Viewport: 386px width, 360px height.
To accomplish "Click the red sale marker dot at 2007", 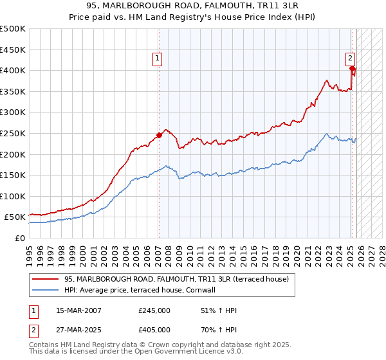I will click(159, 136).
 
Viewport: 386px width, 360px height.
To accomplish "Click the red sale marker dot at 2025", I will click(352, 68).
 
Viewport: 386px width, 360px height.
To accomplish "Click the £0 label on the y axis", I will click(19, 238).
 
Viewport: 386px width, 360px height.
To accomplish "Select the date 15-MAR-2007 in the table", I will click(78, 310).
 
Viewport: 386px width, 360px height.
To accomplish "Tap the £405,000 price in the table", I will click(154, 329).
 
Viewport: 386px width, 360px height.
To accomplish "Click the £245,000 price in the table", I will click(154, 310).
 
